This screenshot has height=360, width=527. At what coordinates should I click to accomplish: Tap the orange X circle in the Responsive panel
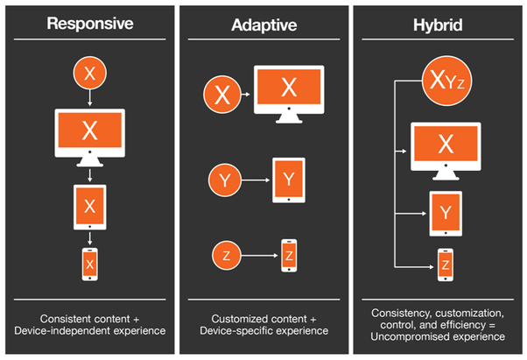(x=89, y=74)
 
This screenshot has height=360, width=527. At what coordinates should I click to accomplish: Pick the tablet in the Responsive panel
(x=89, y=206)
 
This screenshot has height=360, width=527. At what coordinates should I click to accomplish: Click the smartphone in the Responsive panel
(x=89, y=263)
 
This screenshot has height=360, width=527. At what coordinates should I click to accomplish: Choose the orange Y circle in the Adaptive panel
(x=224, y=181)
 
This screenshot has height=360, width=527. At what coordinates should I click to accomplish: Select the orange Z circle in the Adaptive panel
(x=226, y=255)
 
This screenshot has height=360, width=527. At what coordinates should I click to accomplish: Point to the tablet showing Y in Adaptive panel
(x=288, y=180)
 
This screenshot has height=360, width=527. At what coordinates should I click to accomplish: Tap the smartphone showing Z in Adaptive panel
(x=289, y=255)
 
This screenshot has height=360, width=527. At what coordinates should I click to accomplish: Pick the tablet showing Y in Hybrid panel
(x=445, y=211)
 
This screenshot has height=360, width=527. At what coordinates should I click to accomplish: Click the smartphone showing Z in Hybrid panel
(x=445, y=264)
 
